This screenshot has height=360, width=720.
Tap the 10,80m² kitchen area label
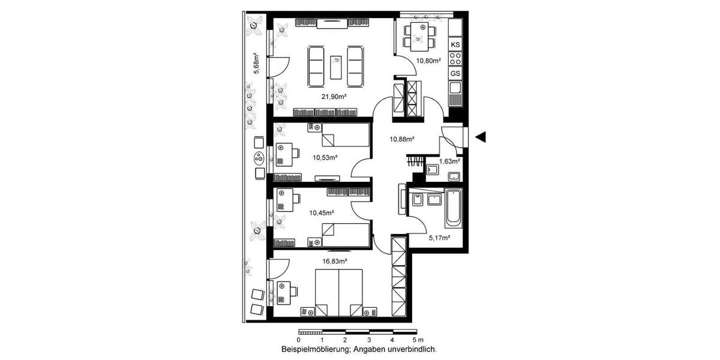coord(429,61)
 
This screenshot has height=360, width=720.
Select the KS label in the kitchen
coord(455,45)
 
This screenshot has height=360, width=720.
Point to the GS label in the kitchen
coord(455,73)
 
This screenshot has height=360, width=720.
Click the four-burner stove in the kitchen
coord(455,59)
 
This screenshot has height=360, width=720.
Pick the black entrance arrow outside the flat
coord(480,137)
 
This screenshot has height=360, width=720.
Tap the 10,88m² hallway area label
coord(402,139)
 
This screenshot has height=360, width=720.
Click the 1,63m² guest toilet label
coord(449,161)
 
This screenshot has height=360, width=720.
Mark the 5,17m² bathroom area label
coord(439,238)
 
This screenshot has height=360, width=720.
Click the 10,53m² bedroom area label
coord(325,158)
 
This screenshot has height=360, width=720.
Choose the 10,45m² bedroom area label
coord(322,212)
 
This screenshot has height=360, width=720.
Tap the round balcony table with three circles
coord(259,158)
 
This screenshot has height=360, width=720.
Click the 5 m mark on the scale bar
coord(416,340)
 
